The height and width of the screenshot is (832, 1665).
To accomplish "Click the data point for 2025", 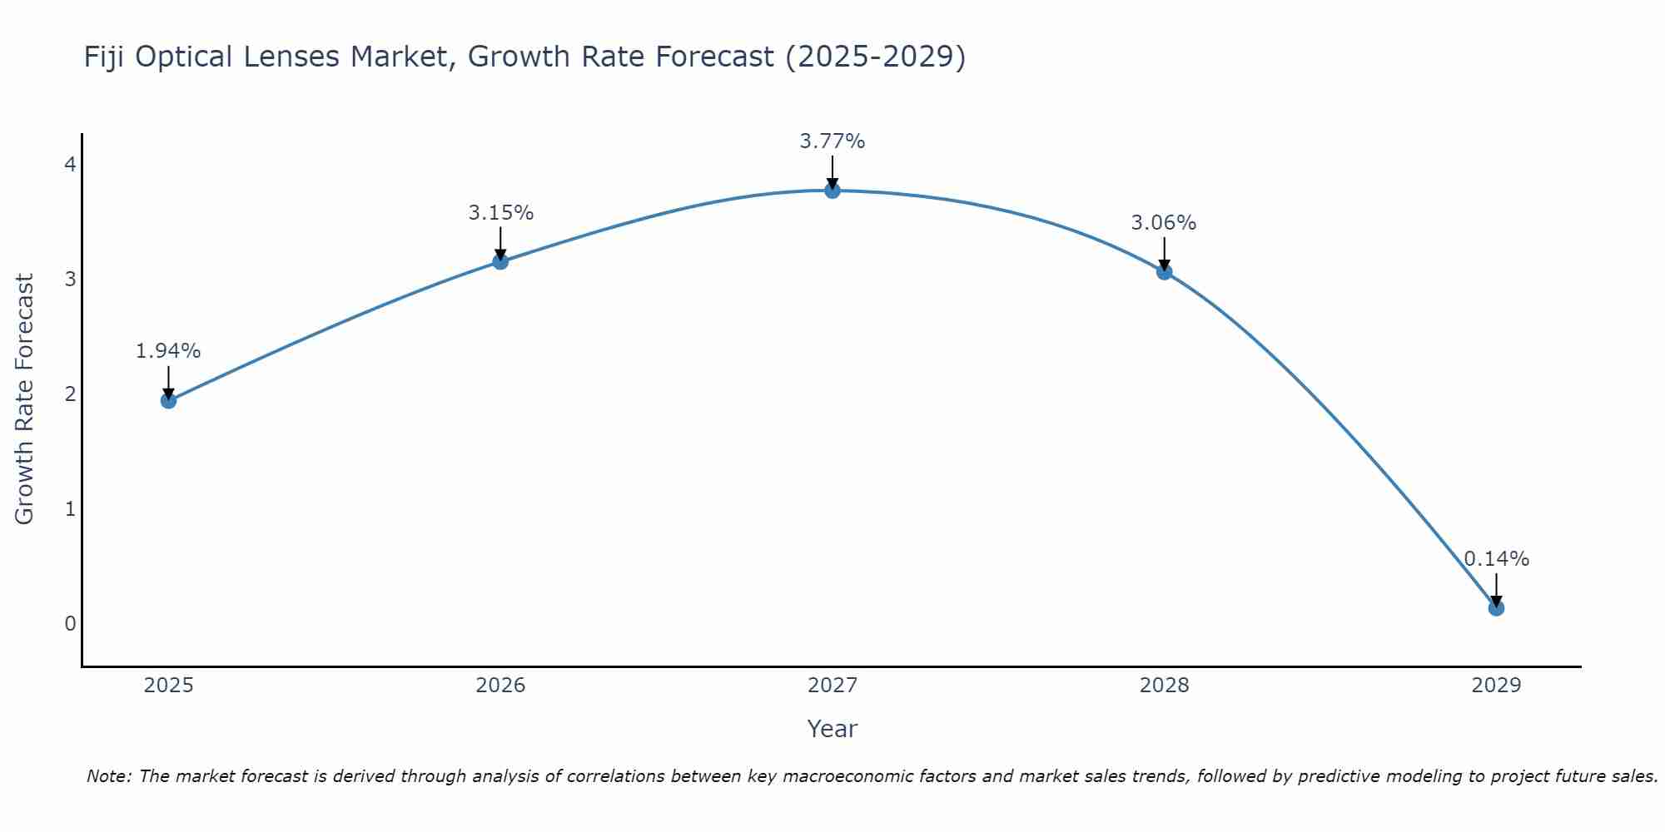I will tap(168, 400).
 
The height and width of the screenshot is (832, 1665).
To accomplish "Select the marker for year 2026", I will tap(500, 261).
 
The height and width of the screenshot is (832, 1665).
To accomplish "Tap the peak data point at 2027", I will tap(832, 191).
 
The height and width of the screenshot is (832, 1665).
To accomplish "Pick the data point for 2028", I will tap(1164, 271).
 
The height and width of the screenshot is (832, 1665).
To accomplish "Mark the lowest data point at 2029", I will tap(1496, 607).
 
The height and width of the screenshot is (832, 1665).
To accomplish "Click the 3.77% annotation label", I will tap(832, 141).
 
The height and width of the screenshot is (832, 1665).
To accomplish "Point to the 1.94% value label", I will tap(168, 351).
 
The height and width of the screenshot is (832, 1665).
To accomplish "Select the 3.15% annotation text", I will tap(500, 213).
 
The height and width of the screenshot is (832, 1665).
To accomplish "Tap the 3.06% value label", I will tap(1164, 223).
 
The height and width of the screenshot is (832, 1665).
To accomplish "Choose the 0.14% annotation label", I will tap(1496, 559).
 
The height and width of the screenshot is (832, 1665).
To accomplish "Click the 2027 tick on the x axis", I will tap(832, 686).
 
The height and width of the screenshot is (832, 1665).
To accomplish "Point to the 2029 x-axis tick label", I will tap(1496, 686).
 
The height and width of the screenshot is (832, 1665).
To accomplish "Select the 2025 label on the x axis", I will tap(168, 686).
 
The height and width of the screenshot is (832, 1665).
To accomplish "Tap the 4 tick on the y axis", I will tap(70, 165).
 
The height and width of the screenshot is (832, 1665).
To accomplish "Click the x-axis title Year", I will tap(832, 729).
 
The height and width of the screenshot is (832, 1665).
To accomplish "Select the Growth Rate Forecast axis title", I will tap(25, 399).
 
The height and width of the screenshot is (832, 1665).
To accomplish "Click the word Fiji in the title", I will tap(105, 57).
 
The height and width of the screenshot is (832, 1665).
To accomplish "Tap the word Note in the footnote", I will tap(108, 776).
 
